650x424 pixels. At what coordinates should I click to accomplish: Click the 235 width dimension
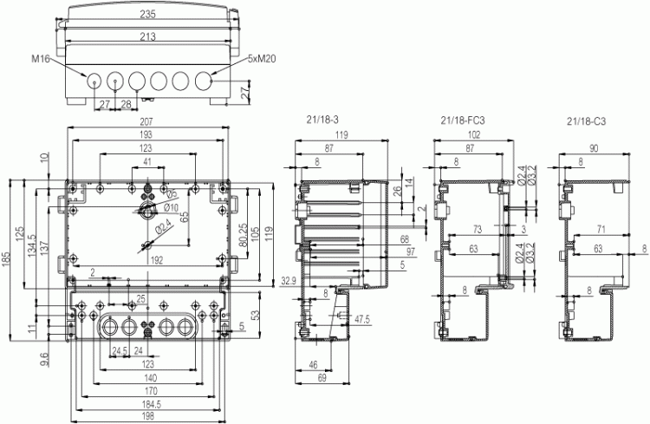(x=147, y=14)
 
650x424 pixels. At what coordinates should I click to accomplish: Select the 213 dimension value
(x=147, y=37)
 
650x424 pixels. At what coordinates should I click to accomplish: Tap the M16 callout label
(x=41, y=59)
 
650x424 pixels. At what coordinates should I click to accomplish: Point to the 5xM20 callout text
(x=262, y=59)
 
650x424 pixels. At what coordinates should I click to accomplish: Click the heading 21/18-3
(x=322, y=120)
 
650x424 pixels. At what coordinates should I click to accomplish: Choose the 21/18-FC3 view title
(x=463, y=121)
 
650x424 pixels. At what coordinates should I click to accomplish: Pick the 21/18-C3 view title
(x=587, y=121)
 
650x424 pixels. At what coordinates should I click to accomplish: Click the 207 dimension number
(x=146, y=121)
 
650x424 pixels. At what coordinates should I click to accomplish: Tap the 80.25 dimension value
(x=244, y=235)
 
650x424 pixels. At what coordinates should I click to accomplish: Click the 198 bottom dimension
(x=147, y=416)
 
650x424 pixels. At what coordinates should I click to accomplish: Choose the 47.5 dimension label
(x=362, y=319)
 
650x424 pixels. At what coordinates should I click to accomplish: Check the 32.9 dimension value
(x=289, y=280)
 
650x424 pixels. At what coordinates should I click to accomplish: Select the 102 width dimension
(x=473, y=134)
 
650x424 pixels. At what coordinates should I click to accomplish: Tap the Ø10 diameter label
(x=172, y=207)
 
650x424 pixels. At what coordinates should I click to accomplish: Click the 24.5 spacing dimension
(x=120, y=351)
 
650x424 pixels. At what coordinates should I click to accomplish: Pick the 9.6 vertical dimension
(x=44, y=359)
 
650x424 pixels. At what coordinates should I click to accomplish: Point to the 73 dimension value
(x=478, y=230)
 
